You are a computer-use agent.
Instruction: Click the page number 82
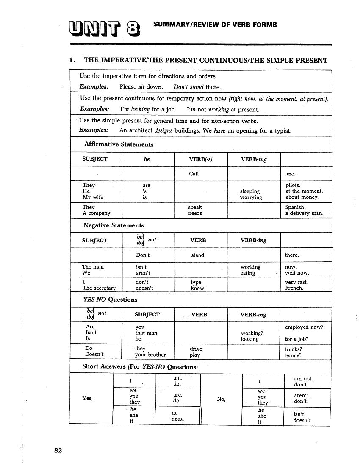click(58, 450)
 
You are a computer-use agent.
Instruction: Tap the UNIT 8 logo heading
click(104, 28)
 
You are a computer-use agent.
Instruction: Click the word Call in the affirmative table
click(194, 174)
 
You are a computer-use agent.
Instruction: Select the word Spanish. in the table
click(296, 207)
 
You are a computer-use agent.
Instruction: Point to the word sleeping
click(250, 191)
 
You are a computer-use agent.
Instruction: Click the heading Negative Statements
click(114, 225)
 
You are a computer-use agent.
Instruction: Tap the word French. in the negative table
click(294, 288)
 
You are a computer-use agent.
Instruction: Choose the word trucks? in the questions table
click(294, 349)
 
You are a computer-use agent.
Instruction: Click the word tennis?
click(293, 355)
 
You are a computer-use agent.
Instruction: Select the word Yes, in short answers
click(88, 398)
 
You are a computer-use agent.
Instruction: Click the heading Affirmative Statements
click(119, 144)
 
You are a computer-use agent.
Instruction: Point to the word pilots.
click(293, 185)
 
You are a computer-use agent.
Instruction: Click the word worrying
click(251, 197)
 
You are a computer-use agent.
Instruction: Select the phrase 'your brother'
click(150, 355)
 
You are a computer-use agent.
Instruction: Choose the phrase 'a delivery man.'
click(305, 213)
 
